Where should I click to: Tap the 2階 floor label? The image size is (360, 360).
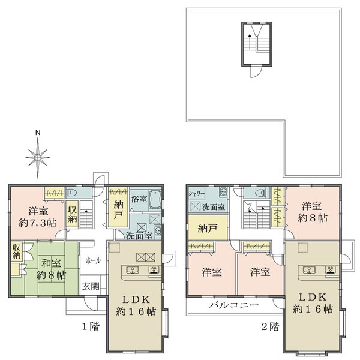269,327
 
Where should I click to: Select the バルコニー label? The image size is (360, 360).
234,305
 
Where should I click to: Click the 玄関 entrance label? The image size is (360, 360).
91,286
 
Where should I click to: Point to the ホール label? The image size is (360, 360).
93,261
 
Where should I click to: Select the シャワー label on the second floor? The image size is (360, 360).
196,194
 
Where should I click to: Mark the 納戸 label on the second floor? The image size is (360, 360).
208,228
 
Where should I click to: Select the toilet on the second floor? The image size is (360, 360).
259,193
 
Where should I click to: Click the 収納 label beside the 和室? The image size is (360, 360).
16,252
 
